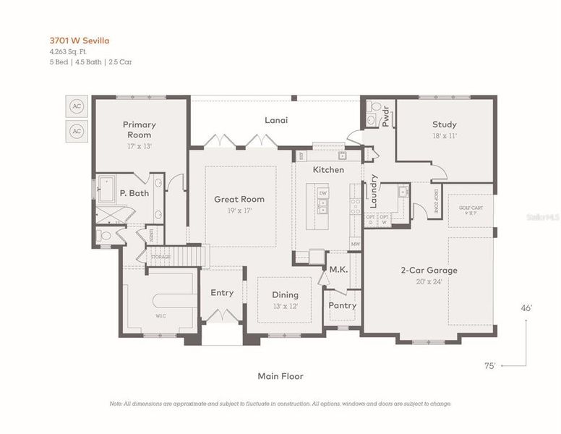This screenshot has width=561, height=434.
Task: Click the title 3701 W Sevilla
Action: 80,41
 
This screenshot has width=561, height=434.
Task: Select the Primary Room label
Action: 139,129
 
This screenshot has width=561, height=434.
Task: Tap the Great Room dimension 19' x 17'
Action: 239,210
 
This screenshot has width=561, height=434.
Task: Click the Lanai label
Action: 275,120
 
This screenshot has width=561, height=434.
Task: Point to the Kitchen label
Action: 328,170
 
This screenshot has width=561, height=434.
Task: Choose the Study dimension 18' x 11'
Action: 444,135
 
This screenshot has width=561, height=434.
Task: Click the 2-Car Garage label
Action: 429,271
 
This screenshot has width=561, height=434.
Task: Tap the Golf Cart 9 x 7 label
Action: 470,210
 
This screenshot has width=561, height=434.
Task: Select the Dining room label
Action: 285,295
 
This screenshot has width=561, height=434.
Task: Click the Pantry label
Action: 342,305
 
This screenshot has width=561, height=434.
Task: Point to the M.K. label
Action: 339,270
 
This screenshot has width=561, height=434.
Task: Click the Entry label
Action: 222,293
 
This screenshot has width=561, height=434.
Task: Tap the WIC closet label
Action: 160,316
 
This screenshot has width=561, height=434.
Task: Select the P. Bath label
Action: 134,193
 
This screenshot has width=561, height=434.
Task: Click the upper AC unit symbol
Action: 77,106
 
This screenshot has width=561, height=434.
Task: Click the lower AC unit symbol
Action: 77,131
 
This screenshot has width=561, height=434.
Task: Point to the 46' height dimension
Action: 526,308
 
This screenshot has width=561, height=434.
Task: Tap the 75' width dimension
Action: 489,366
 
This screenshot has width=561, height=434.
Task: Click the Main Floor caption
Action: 280,376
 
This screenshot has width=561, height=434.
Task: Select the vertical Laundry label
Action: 374,191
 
